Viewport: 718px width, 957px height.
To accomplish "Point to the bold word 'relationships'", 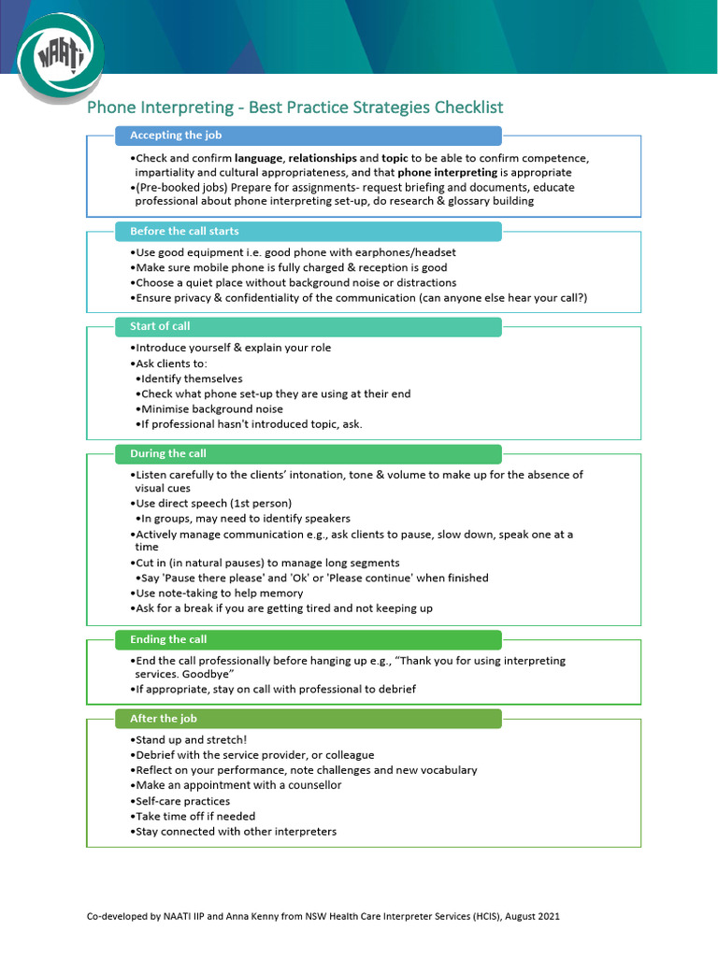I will click(x=323, y=158).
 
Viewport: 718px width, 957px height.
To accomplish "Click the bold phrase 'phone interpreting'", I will click(x=447, y=173).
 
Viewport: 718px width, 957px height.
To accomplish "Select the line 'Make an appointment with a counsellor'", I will click(x=237, y=785).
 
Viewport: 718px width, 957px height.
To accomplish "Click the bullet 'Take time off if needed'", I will click(x=194, y=816).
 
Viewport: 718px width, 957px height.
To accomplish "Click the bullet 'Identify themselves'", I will click(x=191, y=379).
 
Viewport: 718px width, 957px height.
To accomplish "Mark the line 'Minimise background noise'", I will click(x=210, y=408).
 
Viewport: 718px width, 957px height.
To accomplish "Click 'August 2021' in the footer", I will click(x=531, y=917).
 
